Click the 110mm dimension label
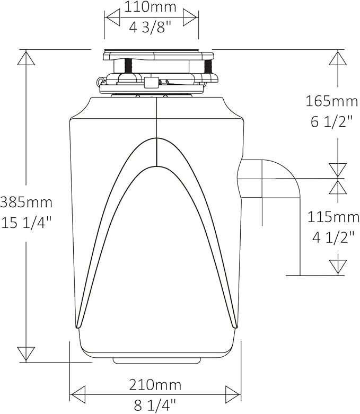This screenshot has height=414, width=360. pyautogui.click(x=151, y=7)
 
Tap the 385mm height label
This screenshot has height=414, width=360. pyautogui.click(x=26, y=202)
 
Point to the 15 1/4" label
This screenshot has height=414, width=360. pyautogui.click(x=26, y=222)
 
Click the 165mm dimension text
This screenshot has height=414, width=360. pyautogui.click(x=332, y=100)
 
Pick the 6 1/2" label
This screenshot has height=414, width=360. pyautogui.click(x=332, y=121)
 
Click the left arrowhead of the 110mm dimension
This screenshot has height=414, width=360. pyautogui.click(x=113, y=17)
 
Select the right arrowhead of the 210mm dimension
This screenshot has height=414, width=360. pyautogui.click(x=233, y=394)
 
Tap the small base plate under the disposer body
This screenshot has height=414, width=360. pyautogui.click(x=157, y=360)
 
